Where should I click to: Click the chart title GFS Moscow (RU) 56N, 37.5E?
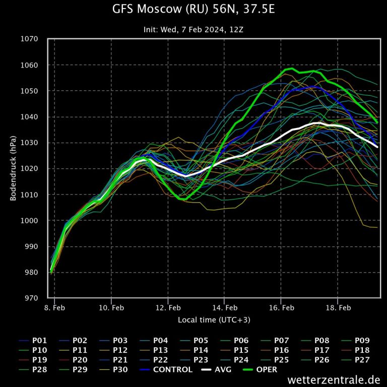click(193, 9)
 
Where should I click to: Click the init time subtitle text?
click(193, 30)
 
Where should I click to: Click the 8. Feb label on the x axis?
click(54, 307)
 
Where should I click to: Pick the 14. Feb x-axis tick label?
click(225, 307)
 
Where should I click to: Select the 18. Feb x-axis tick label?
click(338, 307)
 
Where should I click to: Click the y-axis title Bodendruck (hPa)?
click(14, 168)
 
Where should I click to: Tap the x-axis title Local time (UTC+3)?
click(214, 320)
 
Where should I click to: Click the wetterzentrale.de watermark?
click(334, 379)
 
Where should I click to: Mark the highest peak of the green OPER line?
click(292, 69)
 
